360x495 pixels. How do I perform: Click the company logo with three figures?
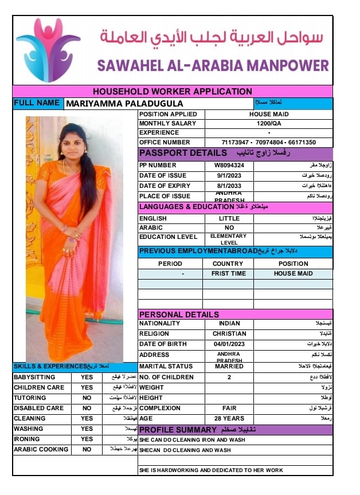click(x=48, y=49)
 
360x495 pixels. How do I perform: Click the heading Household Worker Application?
click(x=172, y=92)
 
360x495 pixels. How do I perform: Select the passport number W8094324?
click(x=229, y=165)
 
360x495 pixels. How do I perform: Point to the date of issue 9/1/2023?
click(x=229, y=175)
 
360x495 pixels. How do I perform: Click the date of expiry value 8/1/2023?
click(x=229, y=186)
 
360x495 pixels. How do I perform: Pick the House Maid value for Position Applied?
click(x=268, y=114)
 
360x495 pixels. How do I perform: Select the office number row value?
click(x=268, y=142)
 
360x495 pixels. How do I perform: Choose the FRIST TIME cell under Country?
click(x=228, y=273)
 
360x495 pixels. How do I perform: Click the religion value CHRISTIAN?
click(x=229, y=333)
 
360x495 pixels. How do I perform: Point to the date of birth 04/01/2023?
click(x=229, y=344)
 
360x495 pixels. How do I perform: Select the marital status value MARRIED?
click(x=229, y=366)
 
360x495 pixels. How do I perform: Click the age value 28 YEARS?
click(x=229, y=418)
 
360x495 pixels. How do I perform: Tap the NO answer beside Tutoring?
click(x=87, y=398)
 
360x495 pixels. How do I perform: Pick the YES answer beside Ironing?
click(x=87, y=439)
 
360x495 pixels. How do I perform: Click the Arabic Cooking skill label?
click(x=41, y=449)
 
